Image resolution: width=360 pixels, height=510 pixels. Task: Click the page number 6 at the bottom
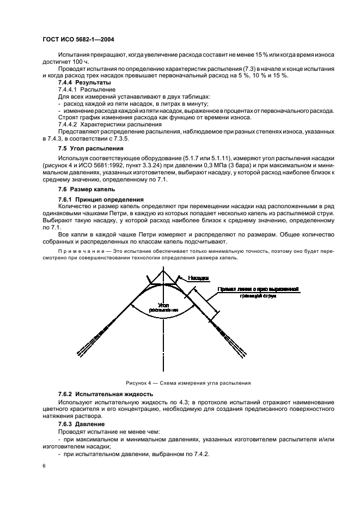pyautogui.click(x=43, y=466)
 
